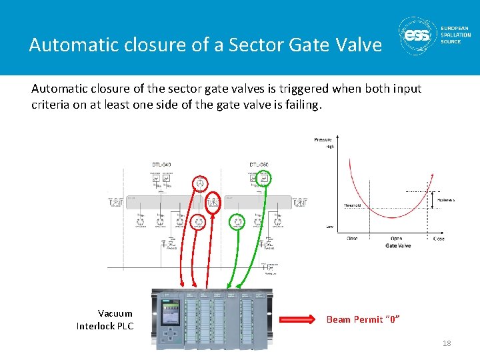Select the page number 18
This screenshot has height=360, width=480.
pyautogui.click(x=446, y=343)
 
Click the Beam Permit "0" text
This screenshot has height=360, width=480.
pyautogui.click(x=363, y=319)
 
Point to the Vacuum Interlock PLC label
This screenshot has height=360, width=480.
pyautogui.click(x=105, y=319)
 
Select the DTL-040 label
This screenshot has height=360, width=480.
pyautogui.click(x=161, y=164)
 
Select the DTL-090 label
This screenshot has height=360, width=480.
pyautogui.click(x=259, y=164)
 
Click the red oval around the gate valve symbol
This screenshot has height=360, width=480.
pyautogui.click(x=213, y=203)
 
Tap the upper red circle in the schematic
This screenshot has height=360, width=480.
pyautogui.click(x=199, y=183)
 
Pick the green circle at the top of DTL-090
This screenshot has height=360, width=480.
pyautogui.click(x=264, y=178)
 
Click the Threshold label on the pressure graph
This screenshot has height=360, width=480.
pyautogui.click(x=352, y=205)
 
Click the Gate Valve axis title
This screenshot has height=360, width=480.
pyautogui.click(x=398, y=246)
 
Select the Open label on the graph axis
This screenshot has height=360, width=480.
pyautogui.click(x=396, y=238)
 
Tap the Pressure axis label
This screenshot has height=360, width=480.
pyautogui.click(x=323, y=139)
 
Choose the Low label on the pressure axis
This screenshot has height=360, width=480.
pyautogui.click(x=329, y=227)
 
